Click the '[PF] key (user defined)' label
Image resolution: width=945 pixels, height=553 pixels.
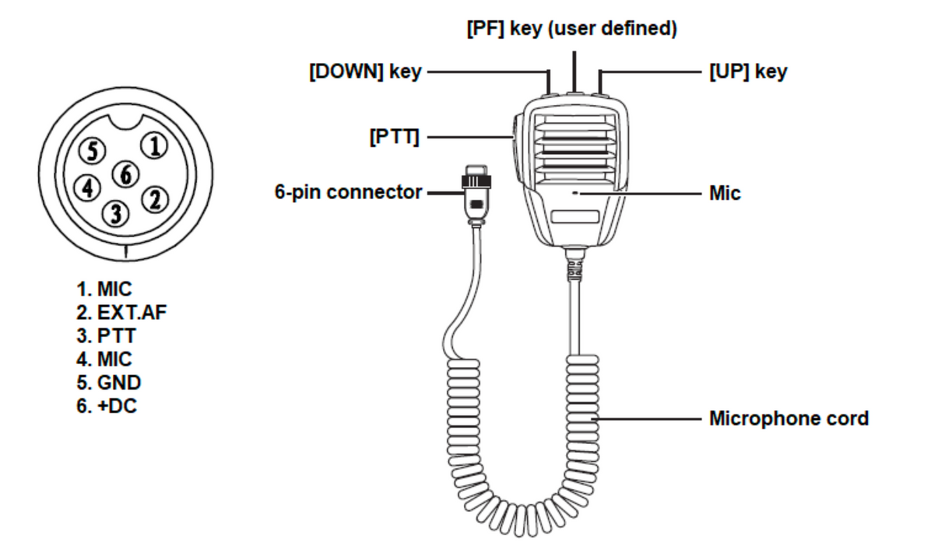click(x=573, y=30)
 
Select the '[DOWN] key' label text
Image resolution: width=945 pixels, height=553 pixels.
click(x=365, y=72)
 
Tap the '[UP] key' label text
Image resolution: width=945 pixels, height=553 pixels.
click(x=747, y=72)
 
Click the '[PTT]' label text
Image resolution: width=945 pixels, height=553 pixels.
click(x=394, y=138)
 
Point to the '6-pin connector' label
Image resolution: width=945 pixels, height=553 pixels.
click(x=348, y=192)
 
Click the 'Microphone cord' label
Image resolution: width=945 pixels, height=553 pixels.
click(x=788, y=418)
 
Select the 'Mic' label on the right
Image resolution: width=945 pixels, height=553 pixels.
click(x=724, y=193)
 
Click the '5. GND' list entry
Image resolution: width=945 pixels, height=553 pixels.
click(x=109, y=383)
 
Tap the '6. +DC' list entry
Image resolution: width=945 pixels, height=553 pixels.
click(x=107, y=405)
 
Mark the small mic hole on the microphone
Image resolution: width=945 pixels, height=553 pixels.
click(x=575, y=193)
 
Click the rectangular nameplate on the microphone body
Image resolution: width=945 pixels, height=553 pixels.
click(x=575, y=218)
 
